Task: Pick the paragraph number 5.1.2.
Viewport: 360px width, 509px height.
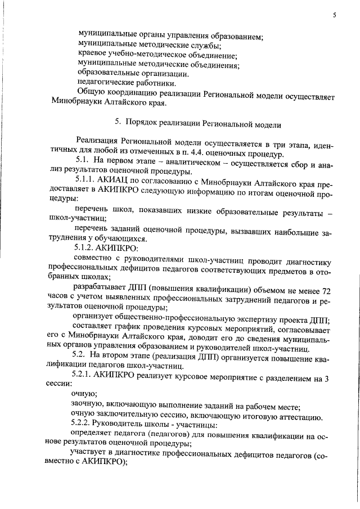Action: pos(85,247)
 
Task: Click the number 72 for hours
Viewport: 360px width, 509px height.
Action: pos(326,290)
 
